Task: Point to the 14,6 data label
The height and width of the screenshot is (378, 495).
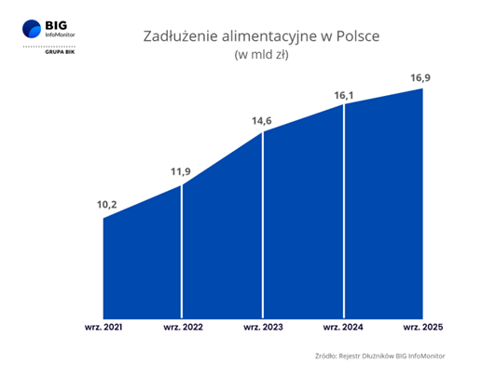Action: click(x=264, y=120)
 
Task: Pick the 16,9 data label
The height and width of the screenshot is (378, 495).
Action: click(x=425, y=77)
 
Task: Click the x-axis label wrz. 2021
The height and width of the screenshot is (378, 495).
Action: click(x=103, y=328)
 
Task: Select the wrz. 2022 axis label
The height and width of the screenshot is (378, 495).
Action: click(x=183, y=328)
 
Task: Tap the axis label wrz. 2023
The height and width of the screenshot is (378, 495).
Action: click(x=264, y=328)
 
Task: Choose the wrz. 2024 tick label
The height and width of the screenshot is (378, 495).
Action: click(x=344, y=328)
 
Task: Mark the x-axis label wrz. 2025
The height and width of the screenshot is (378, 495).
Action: click(x=424, y=328)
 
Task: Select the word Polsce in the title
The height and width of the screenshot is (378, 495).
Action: click(x=358, y=37)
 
